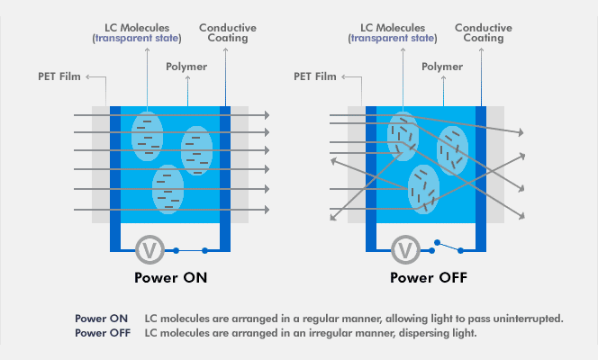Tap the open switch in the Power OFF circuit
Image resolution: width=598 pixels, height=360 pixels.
[x=449, y=244]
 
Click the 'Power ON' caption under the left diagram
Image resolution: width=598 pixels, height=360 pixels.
[x=170, y=277]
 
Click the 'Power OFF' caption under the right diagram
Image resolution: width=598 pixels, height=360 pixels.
[x=428, y=277]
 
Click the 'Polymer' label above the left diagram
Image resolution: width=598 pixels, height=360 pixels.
[x=187, y=67]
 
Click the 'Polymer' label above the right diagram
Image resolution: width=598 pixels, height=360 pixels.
[x=443, y=67]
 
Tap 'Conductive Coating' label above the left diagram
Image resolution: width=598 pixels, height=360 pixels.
[x=228, y=33]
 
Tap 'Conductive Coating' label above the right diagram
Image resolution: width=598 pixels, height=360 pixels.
[x=485, y=33]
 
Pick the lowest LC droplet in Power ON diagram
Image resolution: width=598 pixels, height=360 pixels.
[x=168, y=189]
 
